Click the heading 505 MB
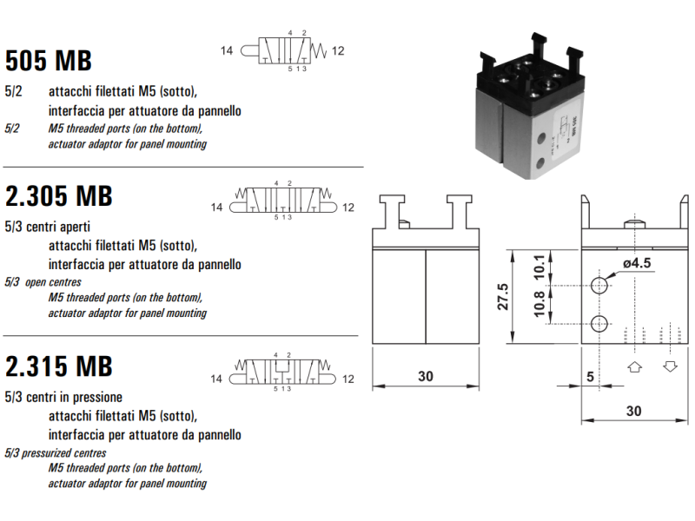pos(49,61)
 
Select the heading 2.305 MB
pos(59,196)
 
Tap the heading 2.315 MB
pos(59,366)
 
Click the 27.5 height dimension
pos(500,298)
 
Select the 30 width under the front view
pos(425,377)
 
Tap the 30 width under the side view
pos(633,411)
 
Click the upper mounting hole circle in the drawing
pos(599,286)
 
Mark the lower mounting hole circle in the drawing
pos(599,325)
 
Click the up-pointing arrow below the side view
pos(634,366)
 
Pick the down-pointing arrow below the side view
pos(670,366)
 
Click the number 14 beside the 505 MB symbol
pos(227,51)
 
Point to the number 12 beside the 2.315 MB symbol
pos(348,379)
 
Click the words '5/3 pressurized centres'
pos(56,452)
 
